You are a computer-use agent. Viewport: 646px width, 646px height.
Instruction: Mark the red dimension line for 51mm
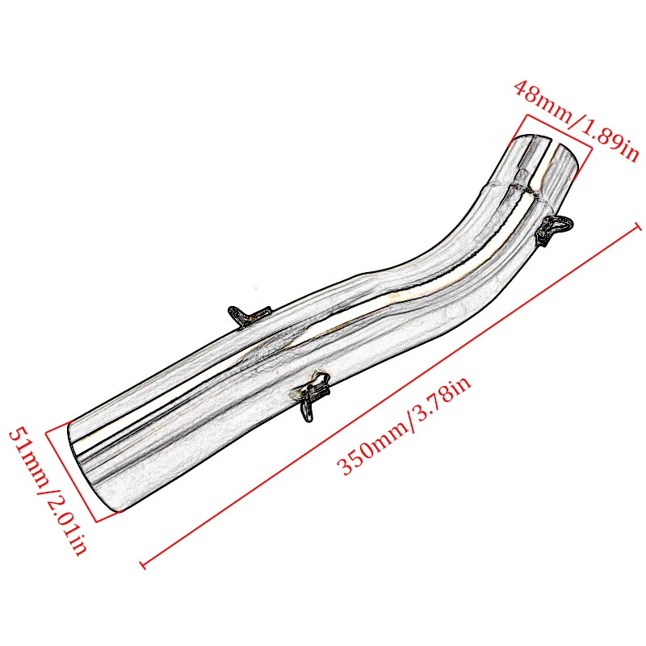(71, 475)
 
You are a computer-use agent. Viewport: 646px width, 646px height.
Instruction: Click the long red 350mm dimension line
(388, 396)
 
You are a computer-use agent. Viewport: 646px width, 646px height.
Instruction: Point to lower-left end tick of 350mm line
(144, 563)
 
